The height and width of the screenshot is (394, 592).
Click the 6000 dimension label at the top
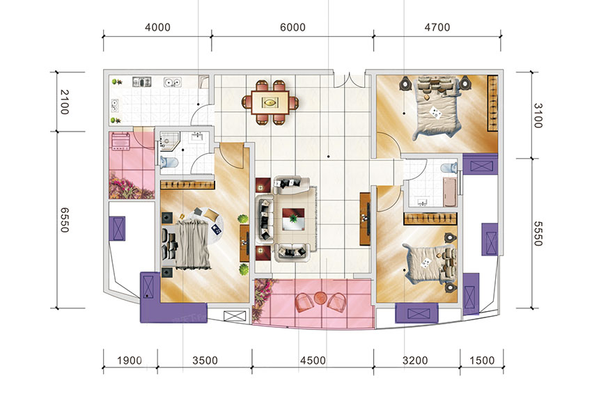[x=293, y=28]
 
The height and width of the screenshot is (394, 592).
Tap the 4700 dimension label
[x=437, y=28]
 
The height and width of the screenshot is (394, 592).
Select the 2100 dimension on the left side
[x=65, y=102]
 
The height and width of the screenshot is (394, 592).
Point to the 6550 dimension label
[x=65, y=220]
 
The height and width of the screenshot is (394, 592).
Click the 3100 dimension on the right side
[x=538, y=116]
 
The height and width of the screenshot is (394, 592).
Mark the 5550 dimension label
[x=538, y=233]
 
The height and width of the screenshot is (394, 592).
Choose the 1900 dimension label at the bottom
[x=130, y=361]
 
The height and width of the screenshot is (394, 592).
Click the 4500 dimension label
[x=313, y=361]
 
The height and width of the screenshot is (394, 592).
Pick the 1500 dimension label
[x=482, y=361]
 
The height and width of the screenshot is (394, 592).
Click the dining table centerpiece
[x=270, y=102]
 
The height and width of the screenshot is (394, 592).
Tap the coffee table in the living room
[x=293, y=219]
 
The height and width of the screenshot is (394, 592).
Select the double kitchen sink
[x=173, y=82]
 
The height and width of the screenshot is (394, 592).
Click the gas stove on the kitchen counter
[x=141, y=82]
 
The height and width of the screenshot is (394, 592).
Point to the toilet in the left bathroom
[x=169, y=163]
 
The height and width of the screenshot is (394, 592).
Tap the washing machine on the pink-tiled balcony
[x=120, y=141]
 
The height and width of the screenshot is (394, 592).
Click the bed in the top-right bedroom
[x=437, y=107]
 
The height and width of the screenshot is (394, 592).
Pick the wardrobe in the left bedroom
[x=187, y=185]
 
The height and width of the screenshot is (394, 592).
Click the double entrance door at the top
[x=349, y=79]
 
